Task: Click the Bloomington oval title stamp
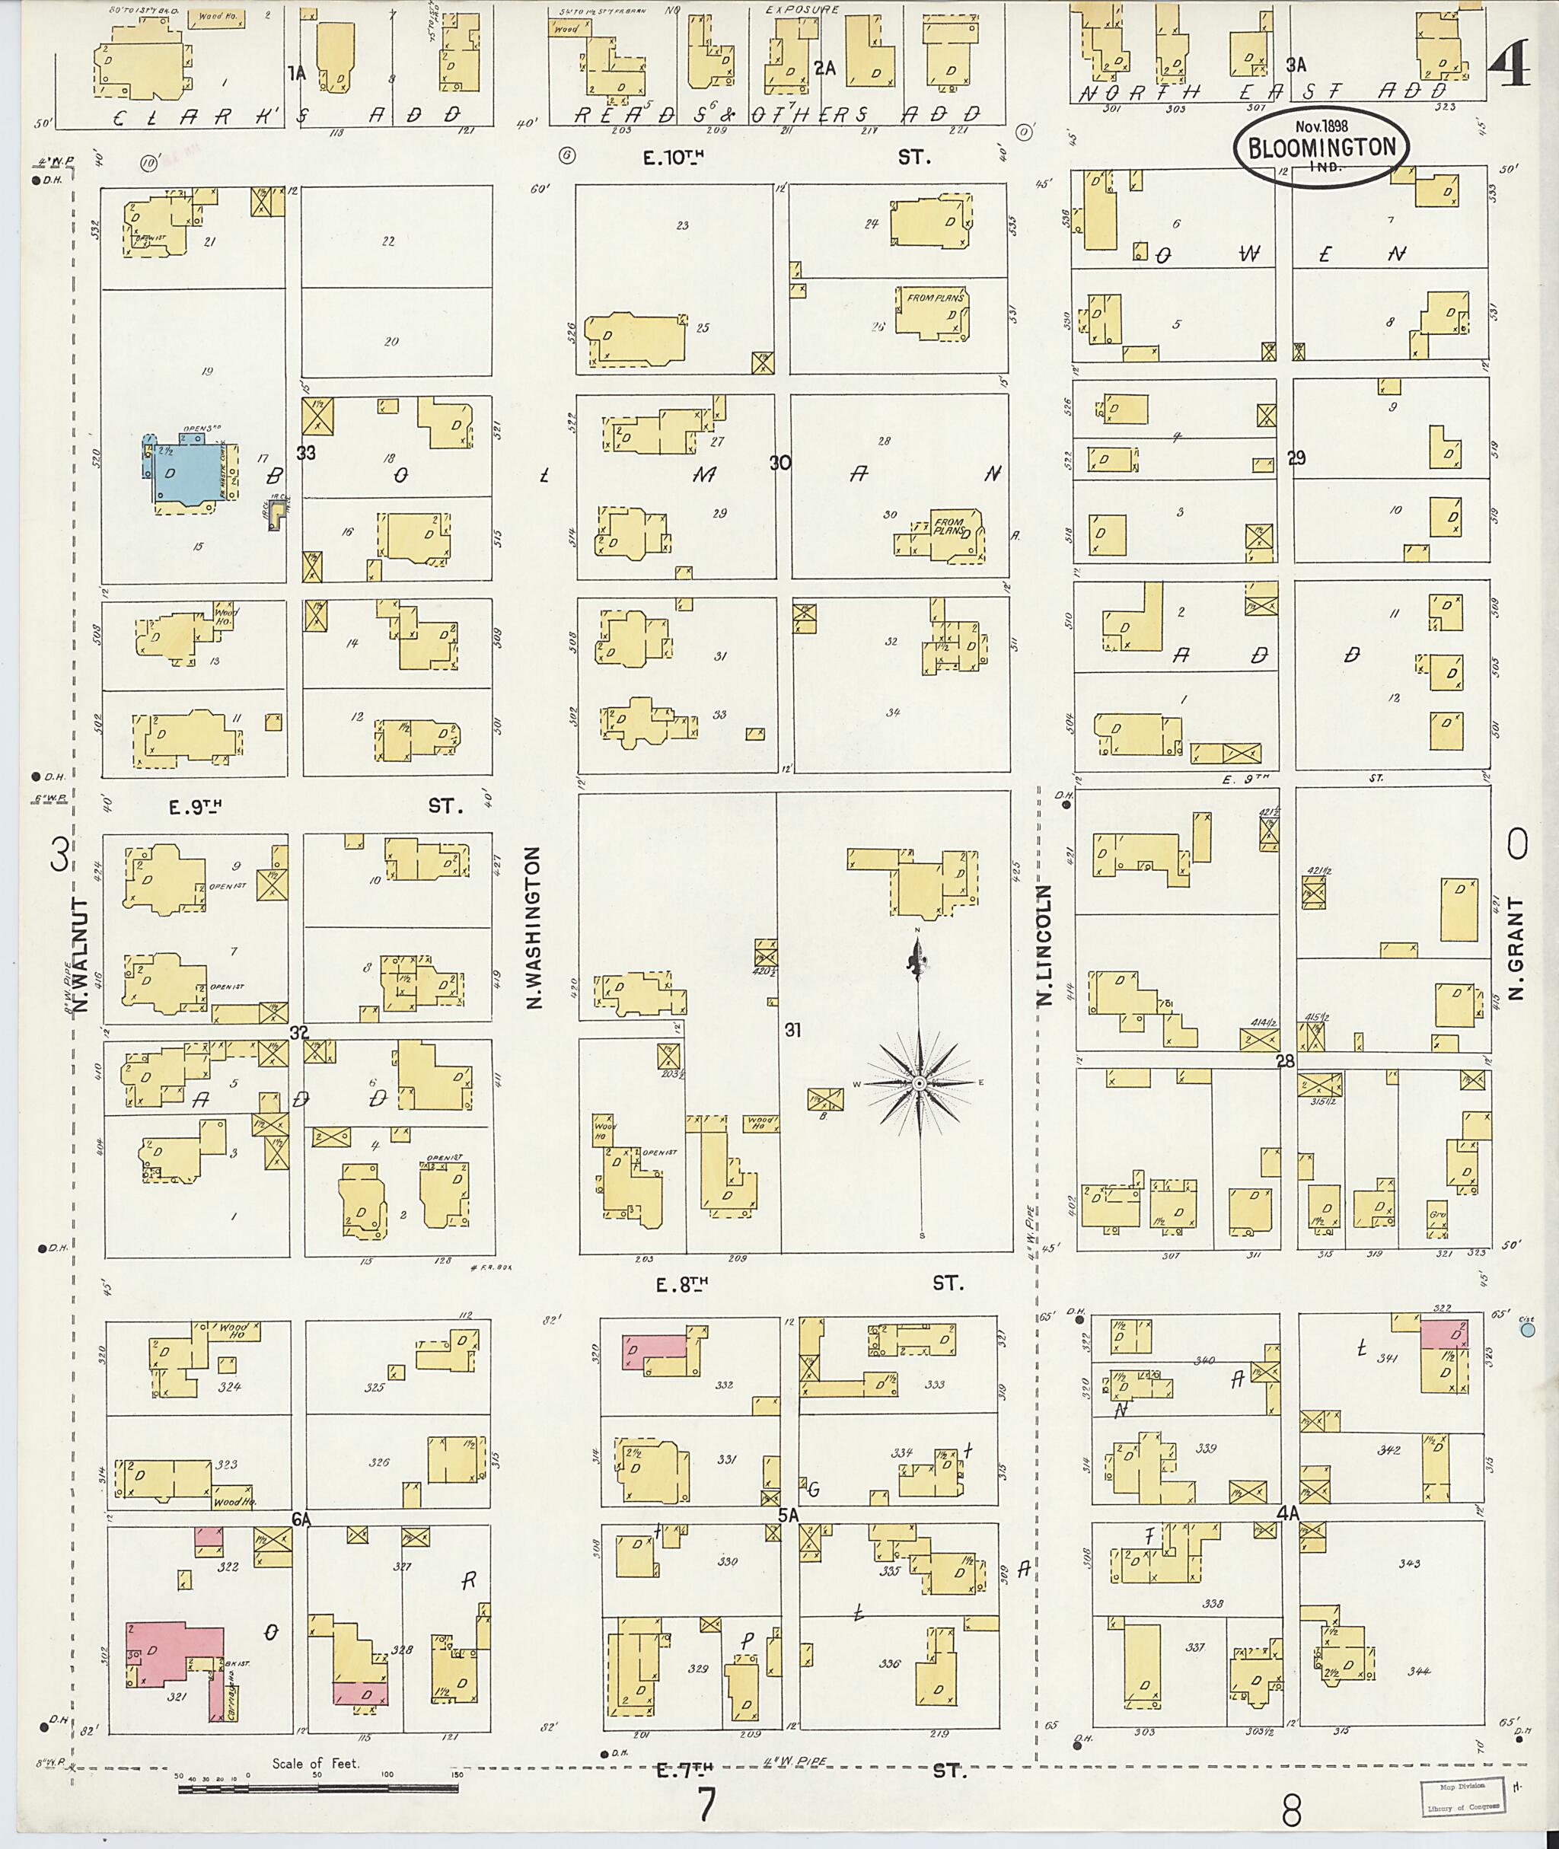tap(1321, 148)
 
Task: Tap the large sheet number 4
tap(1510, 66)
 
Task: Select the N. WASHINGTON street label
tap(534, 927)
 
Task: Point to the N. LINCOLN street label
tap(1044, 945)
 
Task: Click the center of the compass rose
tap(919, 1082)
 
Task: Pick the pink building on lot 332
tap(655, 1348)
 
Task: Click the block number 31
tap(792, 1030)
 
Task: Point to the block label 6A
tap(302, 1519)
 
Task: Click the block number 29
tap(1296, 457)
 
